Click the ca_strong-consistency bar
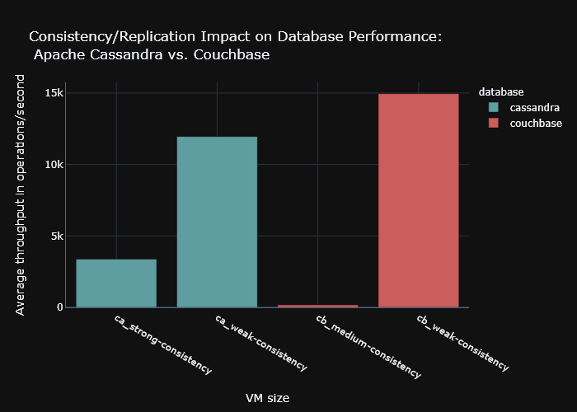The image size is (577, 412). pyautogui.click(x=116, y=283)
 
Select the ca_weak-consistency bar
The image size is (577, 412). pyautogui.click(x=217, y=222)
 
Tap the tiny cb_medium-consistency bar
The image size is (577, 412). pyautogui.click(x=317, y=306)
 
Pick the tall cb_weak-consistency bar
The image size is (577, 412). pyautogui.click(x=418, y=200)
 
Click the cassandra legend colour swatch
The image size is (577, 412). pyautogui.click(x=494, y=107)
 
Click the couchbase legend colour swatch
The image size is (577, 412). pyautogui.click(x=494, y=123)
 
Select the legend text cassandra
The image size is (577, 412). pyautogui.click(x=534, y=107)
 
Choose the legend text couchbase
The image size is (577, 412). pyautogui.click(x=536, y=123)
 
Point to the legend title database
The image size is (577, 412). pyautogui.click(x=502, y=91)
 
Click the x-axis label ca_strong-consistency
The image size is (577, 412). pyautogui.click(x=162, y=344)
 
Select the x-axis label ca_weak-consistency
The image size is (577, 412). pyautogui.click(x=261, y=342)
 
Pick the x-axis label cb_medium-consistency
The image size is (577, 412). pyautogui.click(x=368, y=345)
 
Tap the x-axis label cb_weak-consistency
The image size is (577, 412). pyautogui.click(x=462, y=342)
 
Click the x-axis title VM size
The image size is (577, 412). pyautogui.click(x=267, y=398)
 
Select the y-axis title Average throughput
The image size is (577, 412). pyautogui.click(x=21, y=194)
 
